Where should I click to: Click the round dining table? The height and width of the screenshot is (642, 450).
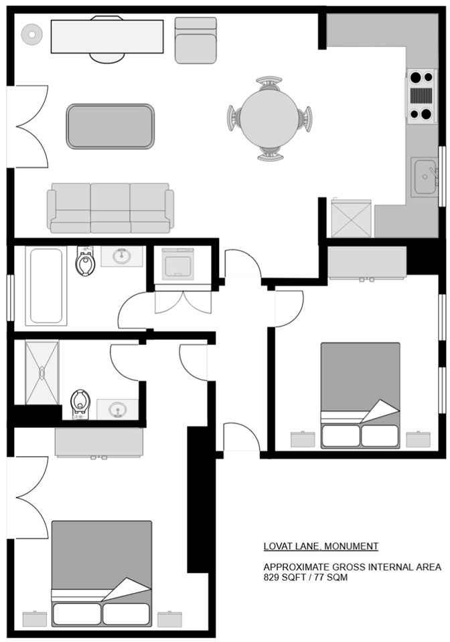269,118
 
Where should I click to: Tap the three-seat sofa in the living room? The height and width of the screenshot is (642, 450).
110,208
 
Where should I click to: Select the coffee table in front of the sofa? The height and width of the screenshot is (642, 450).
110,126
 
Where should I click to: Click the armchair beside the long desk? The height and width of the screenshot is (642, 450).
196,40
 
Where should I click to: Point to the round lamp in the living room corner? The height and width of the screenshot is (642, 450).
32,34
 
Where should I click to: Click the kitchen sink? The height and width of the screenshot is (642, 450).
424,177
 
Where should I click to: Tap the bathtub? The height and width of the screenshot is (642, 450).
46,286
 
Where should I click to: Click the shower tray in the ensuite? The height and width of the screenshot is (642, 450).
42,372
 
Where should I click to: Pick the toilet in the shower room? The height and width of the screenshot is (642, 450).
80,404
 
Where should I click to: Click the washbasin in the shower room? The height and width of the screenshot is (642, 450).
118,409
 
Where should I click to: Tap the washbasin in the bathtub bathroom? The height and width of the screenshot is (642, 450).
122,256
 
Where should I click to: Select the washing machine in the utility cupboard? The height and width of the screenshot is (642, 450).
177,263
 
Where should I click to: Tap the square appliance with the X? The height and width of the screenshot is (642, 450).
352,218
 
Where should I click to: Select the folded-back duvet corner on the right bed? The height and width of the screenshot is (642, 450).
380,411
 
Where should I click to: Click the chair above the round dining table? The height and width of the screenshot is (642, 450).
269,84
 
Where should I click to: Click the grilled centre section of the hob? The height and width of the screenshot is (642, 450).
421,96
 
